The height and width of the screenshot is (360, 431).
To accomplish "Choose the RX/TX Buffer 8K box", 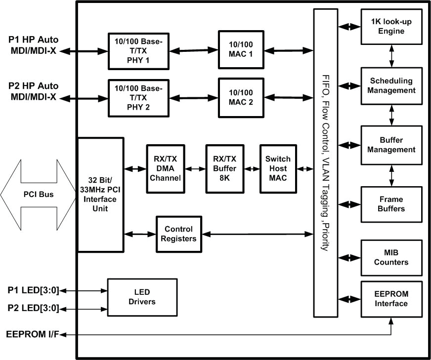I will click(221, 169).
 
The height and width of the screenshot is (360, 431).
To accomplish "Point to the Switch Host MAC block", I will click(278, 169).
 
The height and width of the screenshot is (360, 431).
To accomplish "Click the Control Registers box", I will click(179, 234).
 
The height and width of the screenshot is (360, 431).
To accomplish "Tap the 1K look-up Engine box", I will click(391, 27).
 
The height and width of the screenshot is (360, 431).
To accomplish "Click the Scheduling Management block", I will click(391, 85).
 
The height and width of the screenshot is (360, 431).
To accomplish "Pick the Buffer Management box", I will click(391, 145).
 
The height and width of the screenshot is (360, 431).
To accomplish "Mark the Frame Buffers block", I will click(391, 204).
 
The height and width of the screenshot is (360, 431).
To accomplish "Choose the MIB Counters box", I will click(391, 257).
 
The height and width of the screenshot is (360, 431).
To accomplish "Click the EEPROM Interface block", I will click(391, 298).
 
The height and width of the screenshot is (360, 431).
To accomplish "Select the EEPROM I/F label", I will click(33, 334).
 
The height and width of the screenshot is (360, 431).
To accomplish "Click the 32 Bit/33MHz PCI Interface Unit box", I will click(100, 195).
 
